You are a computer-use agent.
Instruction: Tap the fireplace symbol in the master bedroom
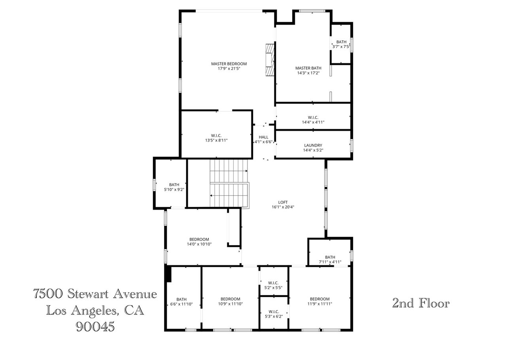click(x=270, y=59)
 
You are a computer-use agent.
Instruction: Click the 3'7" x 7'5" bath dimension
click(x=341, y=46)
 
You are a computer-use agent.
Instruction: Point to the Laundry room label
click(x=313, y=145)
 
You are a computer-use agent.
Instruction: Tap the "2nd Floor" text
click(x=420, y=303)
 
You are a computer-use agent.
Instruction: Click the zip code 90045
click(x=95, y=326)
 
